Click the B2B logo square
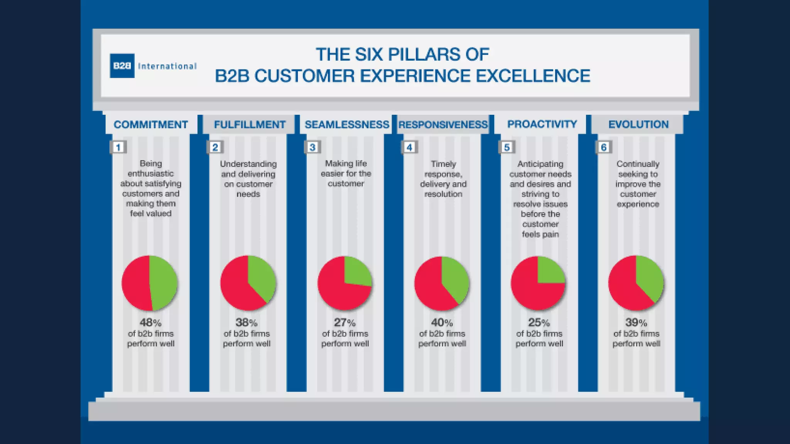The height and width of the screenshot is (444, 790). click(122, 66)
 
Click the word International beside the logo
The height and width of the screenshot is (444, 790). click(167, 66)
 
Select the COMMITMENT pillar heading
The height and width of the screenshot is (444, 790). click(151, 124)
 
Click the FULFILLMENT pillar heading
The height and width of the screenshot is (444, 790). click(250, 124)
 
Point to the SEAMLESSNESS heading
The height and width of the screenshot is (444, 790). click(347, 124)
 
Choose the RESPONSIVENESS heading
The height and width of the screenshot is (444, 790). click(443, 124)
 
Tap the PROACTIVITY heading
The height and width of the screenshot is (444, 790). click(542, 124)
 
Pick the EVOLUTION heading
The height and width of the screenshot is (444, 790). click(638, 124)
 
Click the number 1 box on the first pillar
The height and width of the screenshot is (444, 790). click(118, 147)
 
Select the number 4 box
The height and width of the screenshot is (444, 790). click(410, 147)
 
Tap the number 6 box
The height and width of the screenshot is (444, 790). click(604, 147)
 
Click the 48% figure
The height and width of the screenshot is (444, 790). click(150, 322)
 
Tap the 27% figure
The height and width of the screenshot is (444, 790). click(344, 322)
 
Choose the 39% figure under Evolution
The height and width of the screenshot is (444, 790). click(636, 322)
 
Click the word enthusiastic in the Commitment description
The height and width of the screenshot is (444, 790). click(150, 173)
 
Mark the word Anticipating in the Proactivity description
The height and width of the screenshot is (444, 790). click(540, 164)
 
